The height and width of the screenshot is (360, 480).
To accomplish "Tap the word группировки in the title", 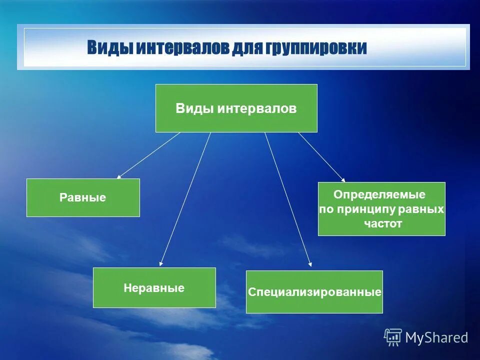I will pyautogui.click(x=316, y=48).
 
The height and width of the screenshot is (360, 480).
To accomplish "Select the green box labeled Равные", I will pyautogui.click(x=83, y=197).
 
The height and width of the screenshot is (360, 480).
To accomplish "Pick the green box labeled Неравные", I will pyautogui.click(x=154, y=287).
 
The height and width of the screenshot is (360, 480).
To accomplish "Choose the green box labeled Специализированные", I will pyautogui.click(x=314, y=292).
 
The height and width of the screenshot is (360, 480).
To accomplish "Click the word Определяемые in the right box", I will pyautogui.click(x=379, y=194).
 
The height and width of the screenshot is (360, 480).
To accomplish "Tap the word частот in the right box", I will pyautogui.click(x=383, y=223).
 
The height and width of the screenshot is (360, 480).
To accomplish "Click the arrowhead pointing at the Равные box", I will pyautogui.click(x=118, y=177).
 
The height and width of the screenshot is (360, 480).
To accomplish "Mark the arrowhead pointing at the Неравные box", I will pyautogui.click(x=161, y=263).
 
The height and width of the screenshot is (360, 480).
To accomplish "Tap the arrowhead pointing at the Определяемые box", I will pyautogui.click(x=343, y=180).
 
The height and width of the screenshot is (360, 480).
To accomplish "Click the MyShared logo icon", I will pyautogui.click(x=393, y=337).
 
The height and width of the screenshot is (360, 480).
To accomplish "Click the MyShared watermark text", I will pyautogui.click(x=436, y=338).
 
